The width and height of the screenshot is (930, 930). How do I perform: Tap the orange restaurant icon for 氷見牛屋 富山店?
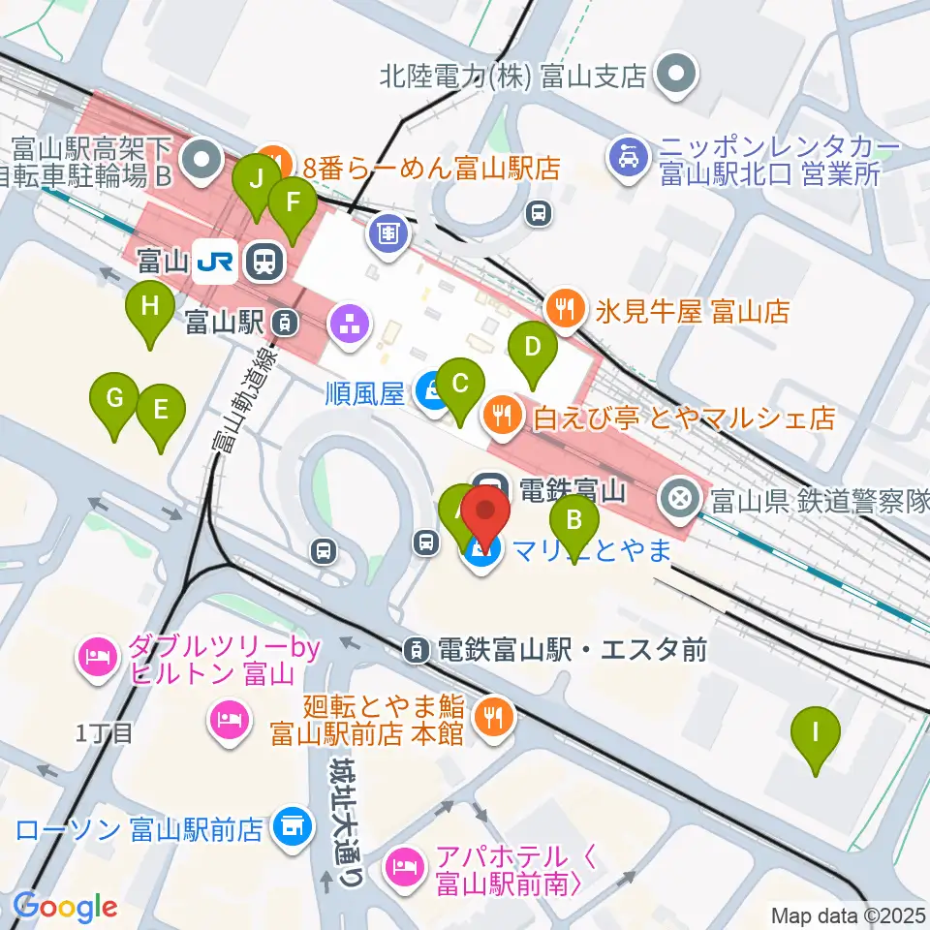coord(564,311)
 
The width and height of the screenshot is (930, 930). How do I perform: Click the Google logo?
coord(65,908)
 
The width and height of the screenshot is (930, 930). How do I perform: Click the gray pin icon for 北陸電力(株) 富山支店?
coord(675,75)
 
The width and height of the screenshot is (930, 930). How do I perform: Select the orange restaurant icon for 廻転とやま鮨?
coord(494,718)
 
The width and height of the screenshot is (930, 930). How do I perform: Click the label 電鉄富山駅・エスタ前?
coord(572,649)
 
